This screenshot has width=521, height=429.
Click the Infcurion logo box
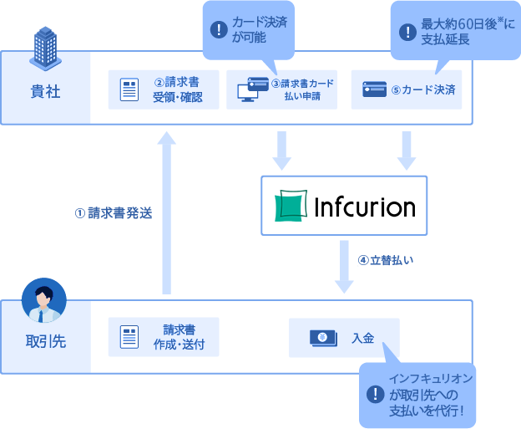click(343, 206)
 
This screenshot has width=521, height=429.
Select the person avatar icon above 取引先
click(44, 302)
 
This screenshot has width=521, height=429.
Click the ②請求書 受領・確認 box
click(164, 90)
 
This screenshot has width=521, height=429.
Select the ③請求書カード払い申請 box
click(281, 90)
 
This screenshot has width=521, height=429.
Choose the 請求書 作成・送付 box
click(164, 337)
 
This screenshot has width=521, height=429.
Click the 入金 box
click(344, 337)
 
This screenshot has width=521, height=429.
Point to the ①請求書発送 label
click(114, 213)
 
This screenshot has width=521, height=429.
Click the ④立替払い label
click(386, 259)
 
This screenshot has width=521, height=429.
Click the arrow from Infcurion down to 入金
click(344, 266)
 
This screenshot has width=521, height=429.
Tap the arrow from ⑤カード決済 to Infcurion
click(407, 150)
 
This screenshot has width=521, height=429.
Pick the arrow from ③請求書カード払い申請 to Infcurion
click(281, 150)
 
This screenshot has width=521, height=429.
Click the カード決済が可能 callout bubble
click(250, 29)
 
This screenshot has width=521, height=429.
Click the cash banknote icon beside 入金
click(322, 337)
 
